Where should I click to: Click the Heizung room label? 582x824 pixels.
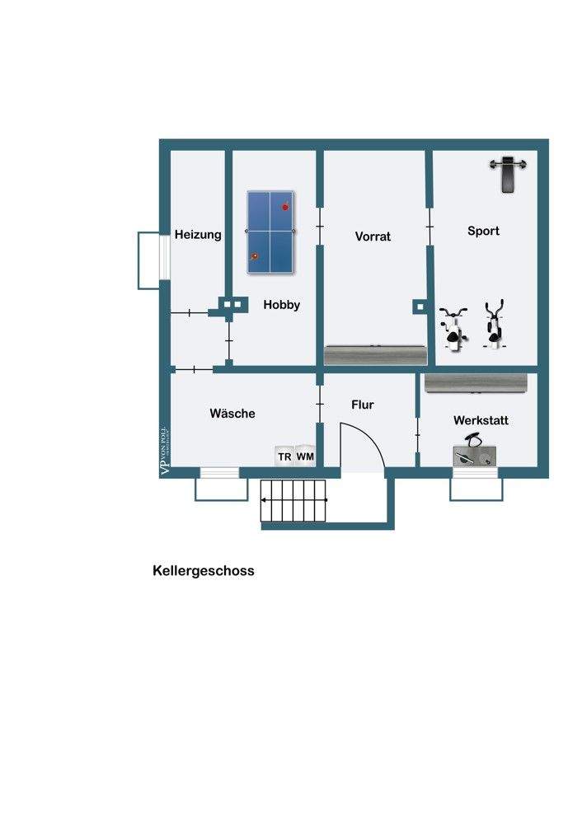click(x=198, y=235)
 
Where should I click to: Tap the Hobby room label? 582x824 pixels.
click(x=282, y=305)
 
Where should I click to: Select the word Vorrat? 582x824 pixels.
click(x=373, y=236)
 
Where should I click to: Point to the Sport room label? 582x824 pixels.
click(x=483, y=231)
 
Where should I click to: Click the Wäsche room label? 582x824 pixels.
click(x=232, y=414)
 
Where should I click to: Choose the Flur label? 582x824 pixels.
click(x=363, y=405)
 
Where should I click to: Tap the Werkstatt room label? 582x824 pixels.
click(x=481, y=420)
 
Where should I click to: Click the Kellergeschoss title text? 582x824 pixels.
click(x=204, y=570)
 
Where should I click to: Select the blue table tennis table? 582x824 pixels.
click(x=271, y=232)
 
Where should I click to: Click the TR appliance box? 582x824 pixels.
click(x=284, y=456)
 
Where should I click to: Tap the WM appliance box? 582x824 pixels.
click(x=306, y=456)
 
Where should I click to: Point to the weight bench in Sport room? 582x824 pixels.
click(x=508, y=173)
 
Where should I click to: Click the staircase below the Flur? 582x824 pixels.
click(x=294, y=500)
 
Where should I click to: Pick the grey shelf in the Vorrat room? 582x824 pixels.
click(x=376, y=354)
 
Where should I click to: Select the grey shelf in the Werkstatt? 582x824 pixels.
click(x=476, y=383)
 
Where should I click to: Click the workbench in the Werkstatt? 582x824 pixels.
click(x=475, y=456)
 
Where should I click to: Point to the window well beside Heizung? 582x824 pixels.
click(x=148, y=260)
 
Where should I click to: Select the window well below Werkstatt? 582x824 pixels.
click(x=476, y=489)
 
